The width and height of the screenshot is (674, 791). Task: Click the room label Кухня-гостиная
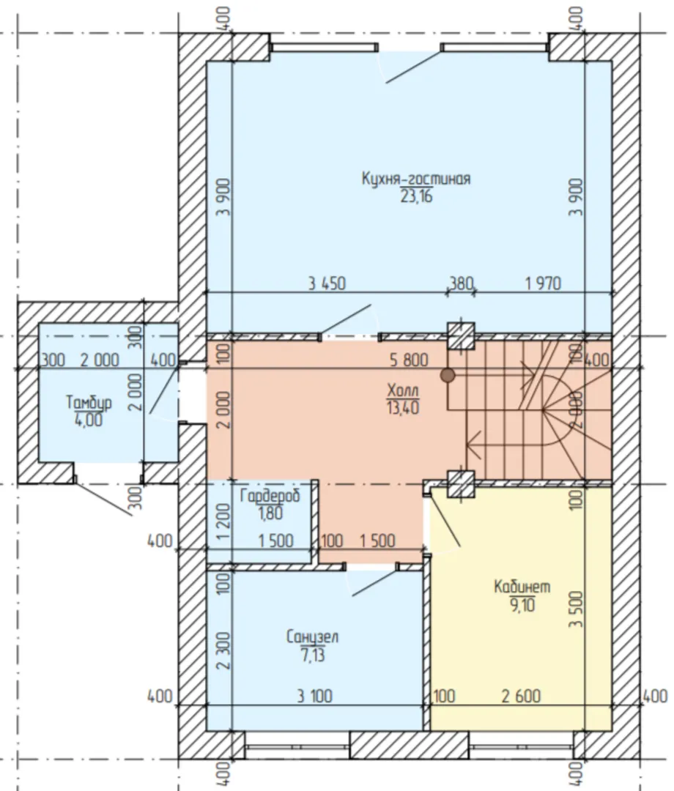coord(416,179)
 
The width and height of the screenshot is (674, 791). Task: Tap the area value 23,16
coord(417,196)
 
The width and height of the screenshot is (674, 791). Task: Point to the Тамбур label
coord(89,403)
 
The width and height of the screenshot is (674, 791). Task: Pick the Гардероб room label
coord(270,496)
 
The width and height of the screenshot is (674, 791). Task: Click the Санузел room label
coord(312,638)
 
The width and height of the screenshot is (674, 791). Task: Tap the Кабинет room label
coord(522,587)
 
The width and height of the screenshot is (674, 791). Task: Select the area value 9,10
coord(522,604)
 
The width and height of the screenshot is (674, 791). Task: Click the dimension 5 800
coord(409,360)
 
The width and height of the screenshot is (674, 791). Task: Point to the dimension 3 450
coord(327,283)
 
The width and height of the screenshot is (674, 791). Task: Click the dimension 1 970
coord(543,283)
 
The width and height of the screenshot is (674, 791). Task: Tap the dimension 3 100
coord(314,697)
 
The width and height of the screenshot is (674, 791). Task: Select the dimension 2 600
coord(521,697)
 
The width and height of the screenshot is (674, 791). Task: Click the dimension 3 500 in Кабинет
coord(577,609)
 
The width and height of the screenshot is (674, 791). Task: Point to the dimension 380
coord(461,283)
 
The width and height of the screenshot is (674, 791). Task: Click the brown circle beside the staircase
coord(448,375)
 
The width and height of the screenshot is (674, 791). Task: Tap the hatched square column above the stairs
coord(462,336)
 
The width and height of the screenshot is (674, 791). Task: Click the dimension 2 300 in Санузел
coord(225,651)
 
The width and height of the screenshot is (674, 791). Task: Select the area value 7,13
coord(313,656)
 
